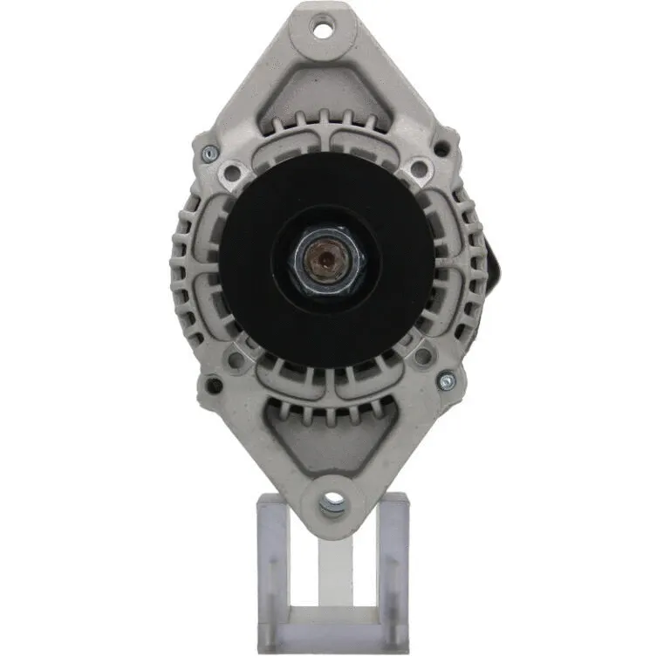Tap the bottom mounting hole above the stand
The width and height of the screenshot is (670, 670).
pyautogui.click(x=332, y=502)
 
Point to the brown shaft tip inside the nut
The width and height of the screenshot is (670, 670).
pyautogui.click(x=327, y=258)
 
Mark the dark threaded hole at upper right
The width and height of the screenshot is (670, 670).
pyautogui.click(x=442, y=149)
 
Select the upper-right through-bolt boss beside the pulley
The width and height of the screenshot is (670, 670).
pyautogui.click(x=420, y=168)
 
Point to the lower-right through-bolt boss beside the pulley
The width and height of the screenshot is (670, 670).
pyautogui.click(x=423, y=354)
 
